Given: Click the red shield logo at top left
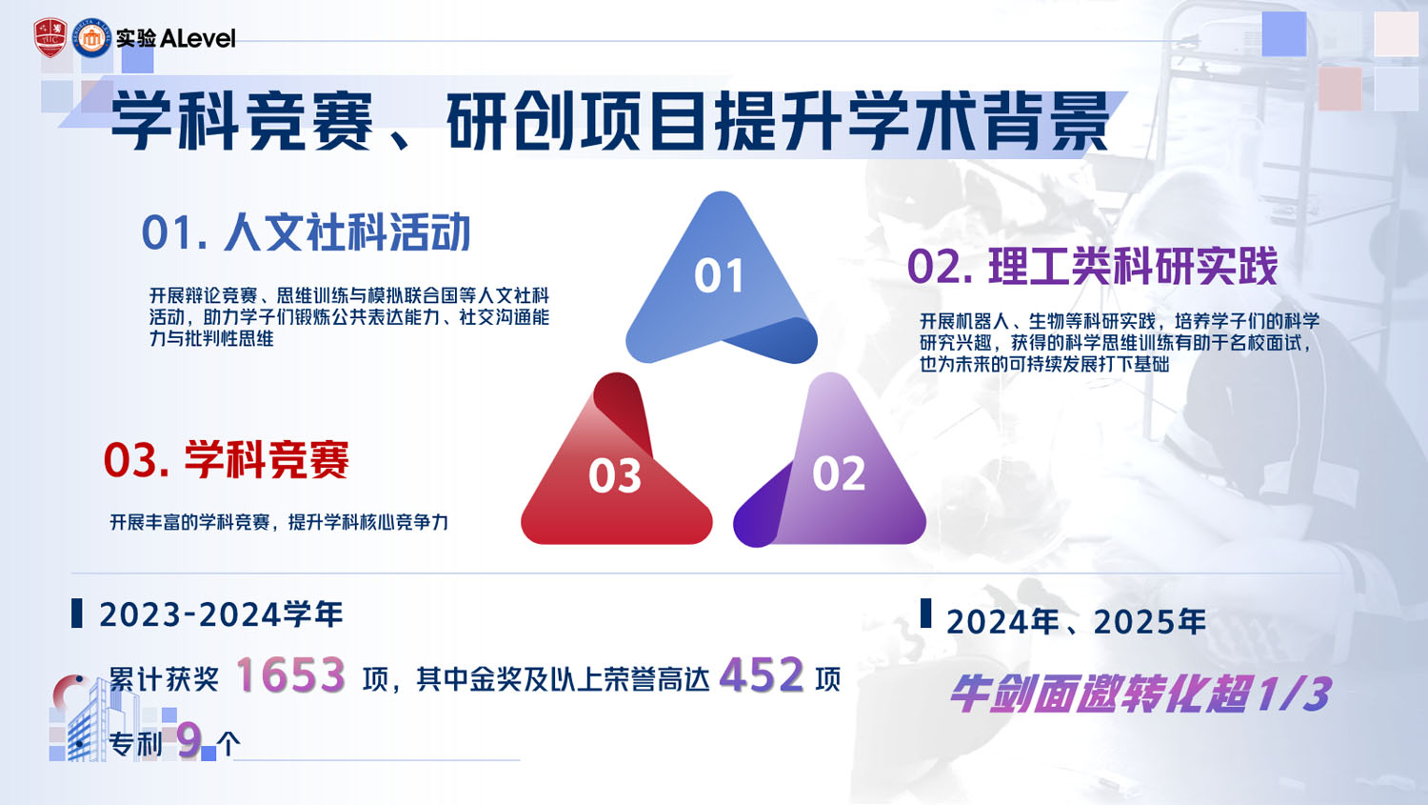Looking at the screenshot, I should (x=50, y=38).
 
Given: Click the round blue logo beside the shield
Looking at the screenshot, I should (x=92, y=38).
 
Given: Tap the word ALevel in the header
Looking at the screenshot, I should (x=198, y=38).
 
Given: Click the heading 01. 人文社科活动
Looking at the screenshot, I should (x=306, y=232).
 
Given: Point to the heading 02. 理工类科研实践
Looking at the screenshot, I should (x=1092, y=266).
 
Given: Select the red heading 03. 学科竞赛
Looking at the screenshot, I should (x=227, y=460).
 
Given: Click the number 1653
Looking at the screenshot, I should (x=289, y=676).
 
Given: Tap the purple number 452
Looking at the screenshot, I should (x=762, y=676).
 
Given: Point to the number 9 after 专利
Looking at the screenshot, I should (x=189, y=740).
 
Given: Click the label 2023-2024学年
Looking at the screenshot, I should (x=221, y=614).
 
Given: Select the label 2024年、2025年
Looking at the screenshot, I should (x=1076, y=622).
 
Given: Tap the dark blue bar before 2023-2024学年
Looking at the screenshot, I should (x=77, y=614).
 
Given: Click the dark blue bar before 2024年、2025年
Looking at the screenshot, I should (x=925, y=614).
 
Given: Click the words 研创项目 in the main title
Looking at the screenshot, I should (x=577, y=122).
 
